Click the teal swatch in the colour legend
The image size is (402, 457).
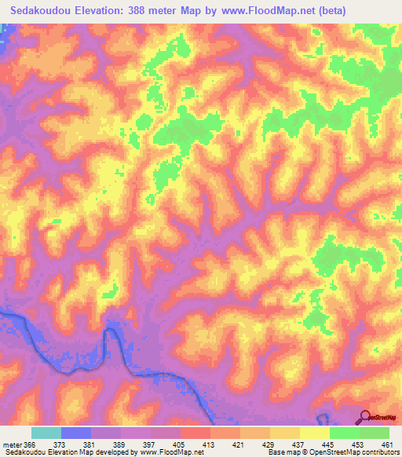click(46, 433)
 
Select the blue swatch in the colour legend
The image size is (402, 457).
click(75, 433)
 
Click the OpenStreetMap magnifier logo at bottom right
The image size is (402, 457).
click(366, 417)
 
